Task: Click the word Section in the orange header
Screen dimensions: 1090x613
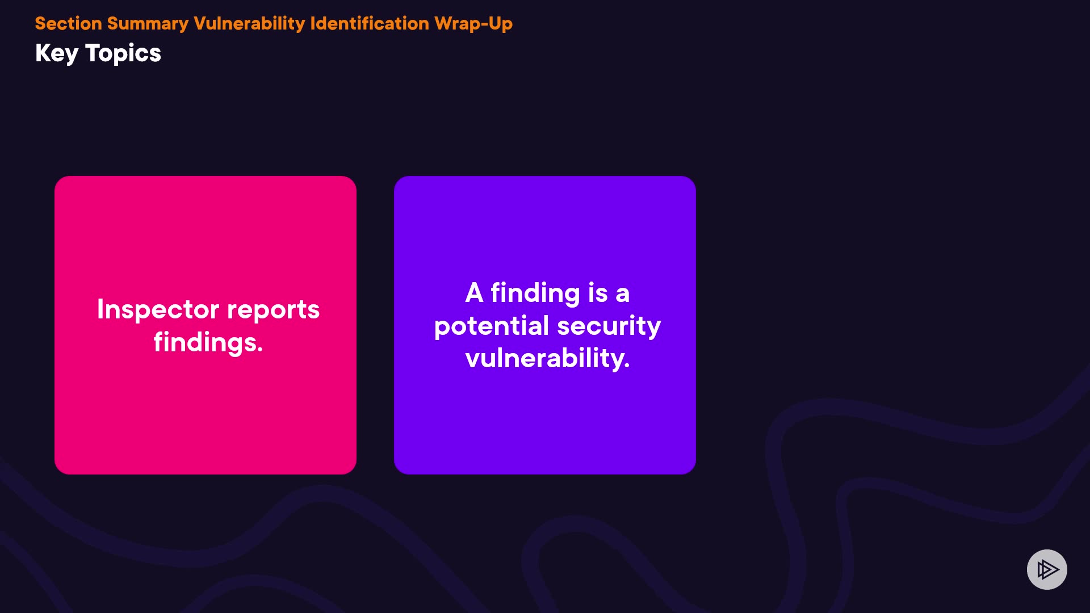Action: click(x=69, y=23)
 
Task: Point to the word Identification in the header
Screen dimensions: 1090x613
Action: click(x=370, y=23)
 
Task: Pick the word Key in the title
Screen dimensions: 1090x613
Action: click(x=57, y=54)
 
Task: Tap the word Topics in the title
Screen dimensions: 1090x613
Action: click(x=123, y=54)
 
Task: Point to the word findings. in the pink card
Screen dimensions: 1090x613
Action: click(x=208, y=343)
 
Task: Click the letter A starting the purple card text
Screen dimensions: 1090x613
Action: click(x=474, y=293)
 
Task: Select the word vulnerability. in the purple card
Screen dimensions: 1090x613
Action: click(x=548, y=359)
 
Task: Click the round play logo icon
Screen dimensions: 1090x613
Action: click(x=1047, y=569)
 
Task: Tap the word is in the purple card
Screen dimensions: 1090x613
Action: click(x=598, y=293)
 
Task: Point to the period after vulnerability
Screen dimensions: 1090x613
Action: click(x=627, y=367)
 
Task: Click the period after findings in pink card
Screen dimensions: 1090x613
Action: click(x=260, y=351)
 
